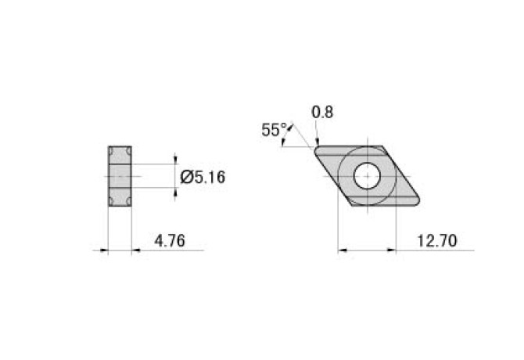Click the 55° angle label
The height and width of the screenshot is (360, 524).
point(274,131)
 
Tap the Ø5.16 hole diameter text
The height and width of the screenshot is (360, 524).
point(203,178)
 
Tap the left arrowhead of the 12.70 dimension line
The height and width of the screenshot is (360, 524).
point(341,251)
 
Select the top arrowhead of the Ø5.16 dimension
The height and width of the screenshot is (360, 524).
point(174,160)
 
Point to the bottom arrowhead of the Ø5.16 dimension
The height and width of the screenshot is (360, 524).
point(174,193)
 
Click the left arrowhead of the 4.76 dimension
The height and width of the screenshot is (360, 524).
point(104,250)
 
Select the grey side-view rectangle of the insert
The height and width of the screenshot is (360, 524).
point(120,177)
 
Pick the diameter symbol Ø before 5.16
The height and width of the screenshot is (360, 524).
point(186,178)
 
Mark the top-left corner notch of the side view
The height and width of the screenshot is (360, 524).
point(112,149)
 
